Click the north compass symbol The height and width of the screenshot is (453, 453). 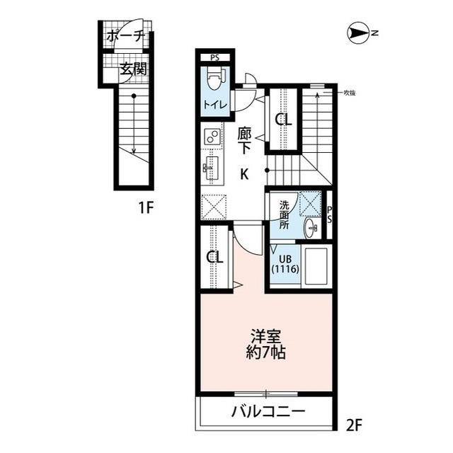[x=359, y=33]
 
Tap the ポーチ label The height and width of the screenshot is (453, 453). [x=125, y=36]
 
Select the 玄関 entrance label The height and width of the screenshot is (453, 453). [x=134, y=69]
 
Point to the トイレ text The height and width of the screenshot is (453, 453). [x=215, y=105]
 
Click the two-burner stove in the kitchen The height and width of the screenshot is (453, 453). [x=212, y=137]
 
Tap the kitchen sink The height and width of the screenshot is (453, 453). [x=212, y=168]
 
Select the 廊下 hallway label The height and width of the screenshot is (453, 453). [x=245, y=141]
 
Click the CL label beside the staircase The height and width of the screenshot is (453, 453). [x=283, y=120]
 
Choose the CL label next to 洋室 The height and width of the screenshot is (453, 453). [x=214, y=257]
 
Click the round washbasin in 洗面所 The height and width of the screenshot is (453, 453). [x=310, y=228]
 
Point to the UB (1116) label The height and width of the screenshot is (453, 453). [x=285, y=264]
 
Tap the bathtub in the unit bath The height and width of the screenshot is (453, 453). [x=316, y=265]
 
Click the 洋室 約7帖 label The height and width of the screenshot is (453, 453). [x=266, y=343]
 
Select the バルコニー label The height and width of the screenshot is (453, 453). [x=268, y=411]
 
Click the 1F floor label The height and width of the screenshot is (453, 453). [x=146, y=207]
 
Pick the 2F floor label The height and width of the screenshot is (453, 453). [x=354, y=425]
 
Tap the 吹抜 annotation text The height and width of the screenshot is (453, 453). [x=349, y=93]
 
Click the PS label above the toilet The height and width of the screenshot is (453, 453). [x=214, y=58]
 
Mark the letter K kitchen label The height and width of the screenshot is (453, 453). [x=244, y=174]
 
